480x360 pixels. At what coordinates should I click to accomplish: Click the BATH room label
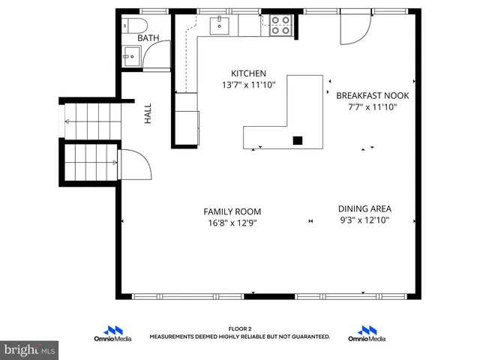coord(148,37)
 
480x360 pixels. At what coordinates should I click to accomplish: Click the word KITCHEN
coord(248,73)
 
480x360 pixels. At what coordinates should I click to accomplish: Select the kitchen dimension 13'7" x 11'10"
coord(248,85)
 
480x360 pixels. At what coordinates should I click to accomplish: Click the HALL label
coord(148,114)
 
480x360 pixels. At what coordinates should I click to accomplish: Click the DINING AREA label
coord(364,209)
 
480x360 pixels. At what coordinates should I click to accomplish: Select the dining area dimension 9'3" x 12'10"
coord(364,220)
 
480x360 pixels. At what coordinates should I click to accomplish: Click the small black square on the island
coord(298,139)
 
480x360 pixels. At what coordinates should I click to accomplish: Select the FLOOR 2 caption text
coord(240,328)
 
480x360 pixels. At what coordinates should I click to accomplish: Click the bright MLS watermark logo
coord(29,349)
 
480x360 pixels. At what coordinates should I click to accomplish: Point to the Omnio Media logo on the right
coord(367,334)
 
